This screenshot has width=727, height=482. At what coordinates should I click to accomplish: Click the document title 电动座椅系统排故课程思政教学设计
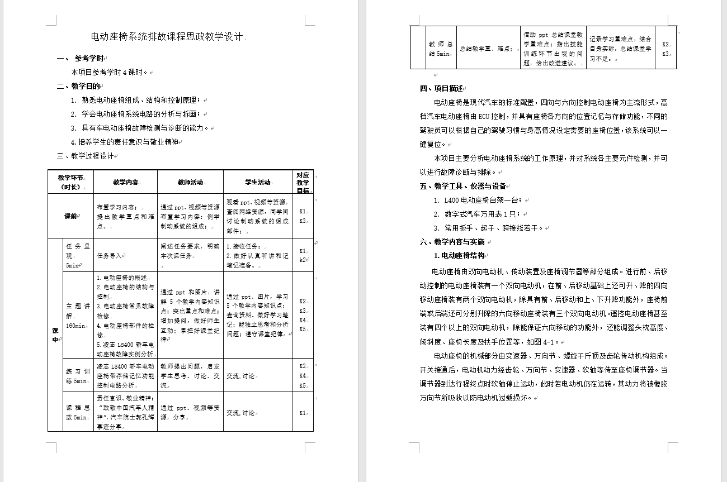pyautogui.click(x=167, y=37)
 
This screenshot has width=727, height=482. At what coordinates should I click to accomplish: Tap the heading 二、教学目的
pyautogui.click(x=79, y=86)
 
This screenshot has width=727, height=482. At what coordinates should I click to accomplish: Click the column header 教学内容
pyautogui.click(x=125, y=182)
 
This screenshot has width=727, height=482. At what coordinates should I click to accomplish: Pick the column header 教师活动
pyautogui.click(x=190, y=182)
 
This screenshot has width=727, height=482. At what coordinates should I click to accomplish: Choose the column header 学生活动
pyautogui.click(x=257, y=182)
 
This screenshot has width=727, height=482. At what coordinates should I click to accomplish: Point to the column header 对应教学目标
pyautogui.click(x=303, y=182)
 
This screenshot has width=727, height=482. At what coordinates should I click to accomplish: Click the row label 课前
pyautogui.click(x=70, y=216)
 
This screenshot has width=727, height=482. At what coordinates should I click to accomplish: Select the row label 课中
pyautogui.click(x=55, y=335)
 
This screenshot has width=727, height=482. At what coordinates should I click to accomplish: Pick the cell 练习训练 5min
pyautogui.click(x=78, y=375)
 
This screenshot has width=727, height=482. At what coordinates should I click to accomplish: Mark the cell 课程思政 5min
pyautogui.click(x=78, y=413)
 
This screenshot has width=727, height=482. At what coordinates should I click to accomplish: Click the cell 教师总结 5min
pyautogui.click(x=440, y=49)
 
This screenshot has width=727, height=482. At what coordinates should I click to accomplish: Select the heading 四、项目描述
pyautogui.click(x=442, y=88)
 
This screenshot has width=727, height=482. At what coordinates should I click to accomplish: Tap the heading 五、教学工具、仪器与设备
pyautogui.click(x=463, y=186)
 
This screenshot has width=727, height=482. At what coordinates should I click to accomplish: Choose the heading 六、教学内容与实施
pyautogui.click(x=452, y=242)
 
